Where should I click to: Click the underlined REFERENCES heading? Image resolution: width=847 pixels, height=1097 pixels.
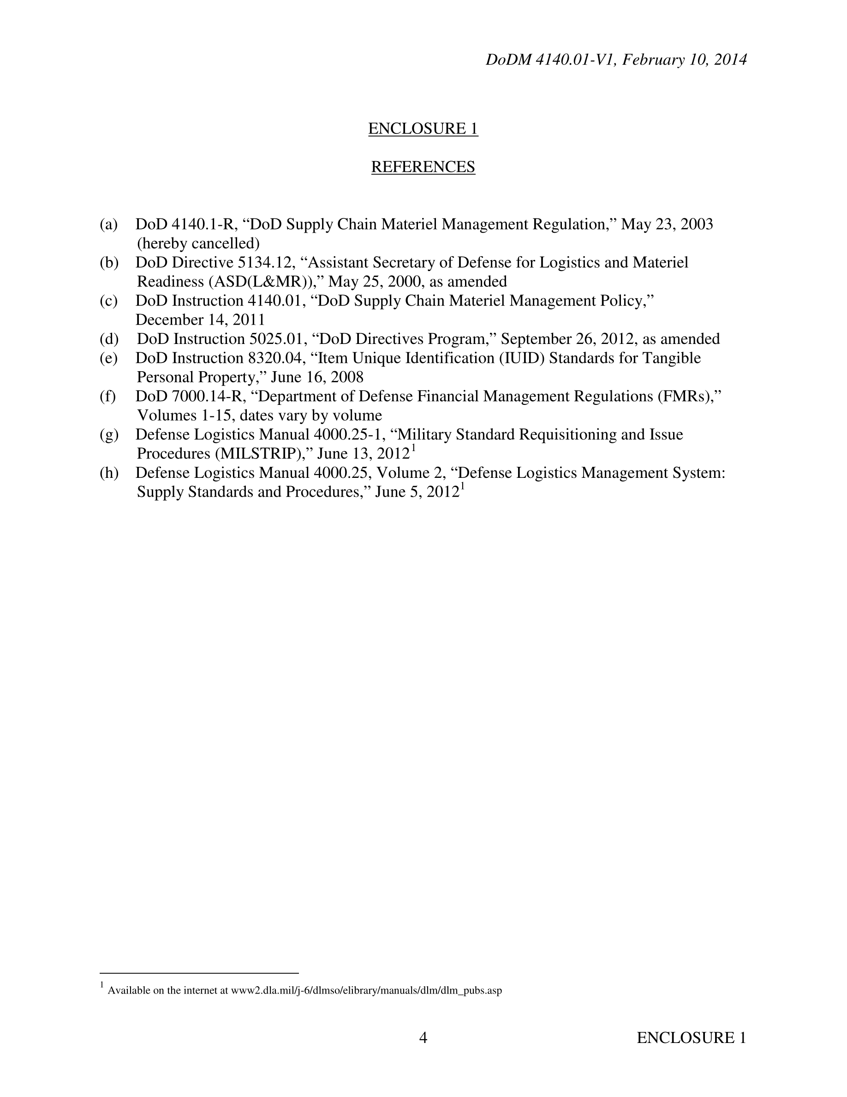point(423,167)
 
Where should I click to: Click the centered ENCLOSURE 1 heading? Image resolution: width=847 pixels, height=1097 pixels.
point(423,129)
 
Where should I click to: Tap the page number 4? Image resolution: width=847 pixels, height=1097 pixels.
point(423,1037)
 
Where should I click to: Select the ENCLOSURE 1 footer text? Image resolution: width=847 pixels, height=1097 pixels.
point(691,1037)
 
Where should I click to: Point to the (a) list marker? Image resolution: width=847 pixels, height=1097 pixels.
point(108,224)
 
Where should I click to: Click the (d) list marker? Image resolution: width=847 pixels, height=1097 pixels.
point(109,339)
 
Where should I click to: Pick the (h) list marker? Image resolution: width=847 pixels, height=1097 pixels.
point(109,473)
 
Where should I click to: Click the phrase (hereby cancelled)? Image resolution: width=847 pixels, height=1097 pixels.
point(198,244)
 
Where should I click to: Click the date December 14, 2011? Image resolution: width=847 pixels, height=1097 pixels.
point(200,320)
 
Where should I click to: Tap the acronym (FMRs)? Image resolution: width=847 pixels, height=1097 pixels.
point(687,396)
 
